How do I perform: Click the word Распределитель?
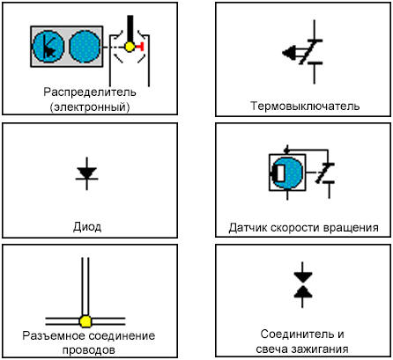tap(90, 92)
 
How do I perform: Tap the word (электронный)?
tap(90, 107)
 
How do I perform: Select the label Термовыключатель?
tap(305, 106)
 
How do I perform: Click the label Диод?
tap(87, 227)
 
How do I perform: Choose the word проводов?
tap(89, 350)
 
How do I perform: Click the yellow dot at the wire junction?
tap(85, 321)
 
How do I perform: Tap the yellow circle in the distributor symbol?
tap(130, 47)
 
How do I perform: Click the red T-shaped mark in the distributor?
tap(140, 47)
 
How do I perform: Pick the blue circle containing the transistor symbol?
tap(48, 47)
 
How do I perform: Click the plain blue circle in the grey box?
tap(85, 47)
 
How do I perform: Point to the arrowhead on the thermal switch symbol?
tap(288, 53)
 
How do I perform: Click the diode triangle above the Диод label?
tap(86, 173)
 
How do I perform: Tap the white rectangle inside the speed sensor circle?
tap(281, 173)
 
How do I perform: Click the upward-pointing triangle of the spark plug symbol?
tap(303, 292)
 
